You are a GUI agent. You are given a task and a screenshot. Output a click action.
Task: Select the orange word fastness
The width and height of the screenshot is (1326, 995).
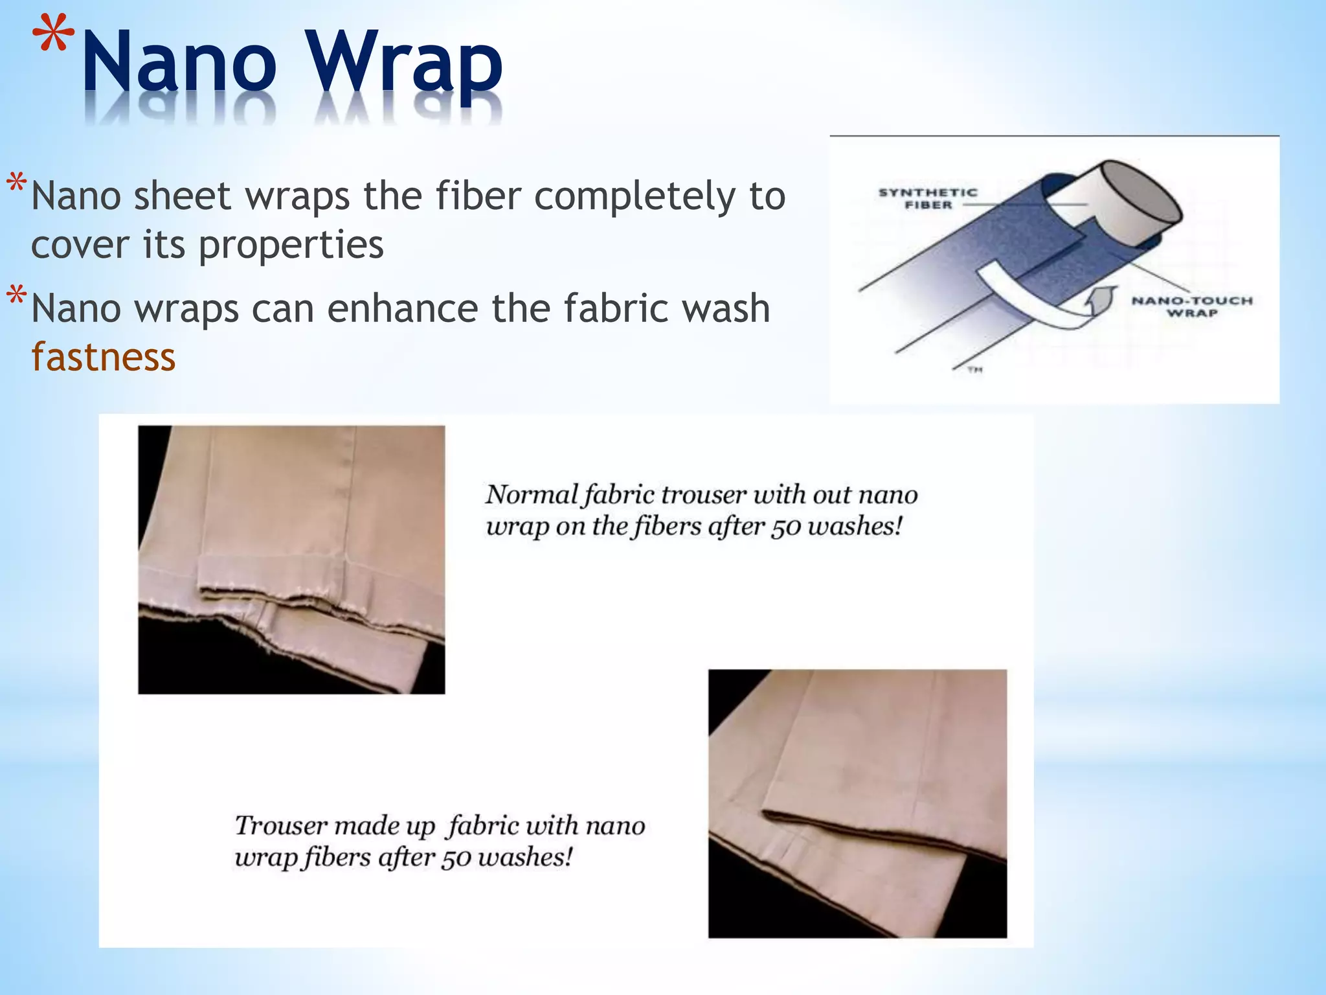[104, 357]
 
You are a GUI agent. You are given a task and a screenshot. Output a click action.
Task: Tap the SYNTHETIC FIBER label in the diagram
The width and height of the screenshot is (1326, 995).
[928, 199]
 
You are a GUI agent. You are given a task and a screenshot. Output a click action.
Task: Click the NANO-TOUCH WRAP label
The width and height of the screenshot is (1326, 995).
[1192, 306]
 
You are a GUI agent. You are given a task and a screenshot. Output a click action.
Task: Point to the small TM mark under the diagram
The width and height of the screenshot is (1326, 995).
[975, 370]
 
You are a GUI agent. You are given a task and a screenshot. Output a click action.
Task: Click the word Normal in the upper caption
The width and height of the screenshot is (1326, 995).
[531, 495]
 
